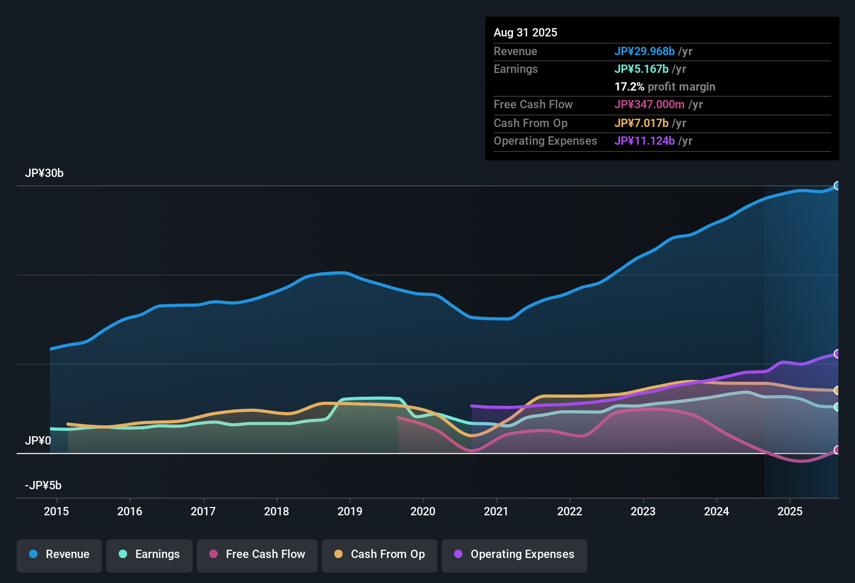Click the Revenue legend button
pyautogui.click(x=59, y=554)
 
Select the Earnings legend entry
pyautogui.click(x=149, y=554)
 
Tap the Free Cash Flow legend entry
pyautogui.click(x=257, y=554)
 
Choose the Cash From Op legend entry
pyautogui.click(x=380, y=554)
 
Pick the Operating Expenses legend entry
pyautogui.click(x=514, y=554)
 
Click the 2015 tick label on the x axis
pyautogui.click(x=56, y=511)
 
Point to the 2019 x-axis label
pyautogui.click(x=350, y=511)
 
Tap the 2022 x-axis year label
pyautogui.click(x=570, y=511)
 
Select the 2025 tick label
pyautogui.click(x=790, y=511)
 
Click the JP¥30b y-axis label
pyautogui.click(x=44, y=173)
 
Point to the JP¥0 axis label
pyautogui.click(x=38, y=441)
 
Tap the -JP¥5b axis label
pyautogui.click(x=43, y=486)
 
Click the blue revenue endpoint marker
pyautogui.click(x=837, y=186)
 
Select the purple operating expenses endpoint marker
pyautogui.click(x=837, y=354)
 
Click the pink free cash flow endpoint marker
pyautogui.click(x=837, y=450)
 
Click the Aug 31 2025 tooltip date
pyautogui.click(x=525, y=33)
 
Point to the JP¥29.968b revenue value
pyautogui.click(x=645, y=52)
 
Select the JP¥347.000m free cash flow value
pyautogui.click(x=649, y=105)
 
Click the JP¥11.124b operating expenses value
pyautogui.click(x=645, y=141)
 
